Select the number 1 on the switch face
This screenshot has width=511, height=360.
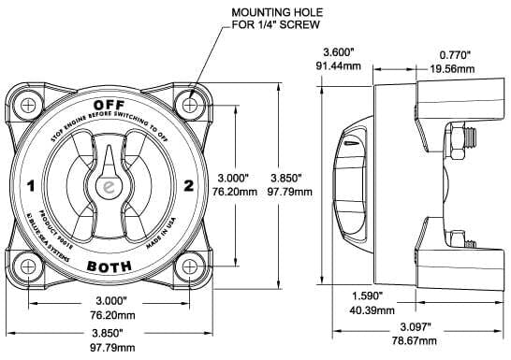click(x=32, y=187)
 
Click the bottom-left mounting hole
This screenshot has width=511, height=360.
click(x=29, y=266)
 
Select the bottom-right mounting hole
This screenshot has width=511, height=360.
click(x=191, y=266)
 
